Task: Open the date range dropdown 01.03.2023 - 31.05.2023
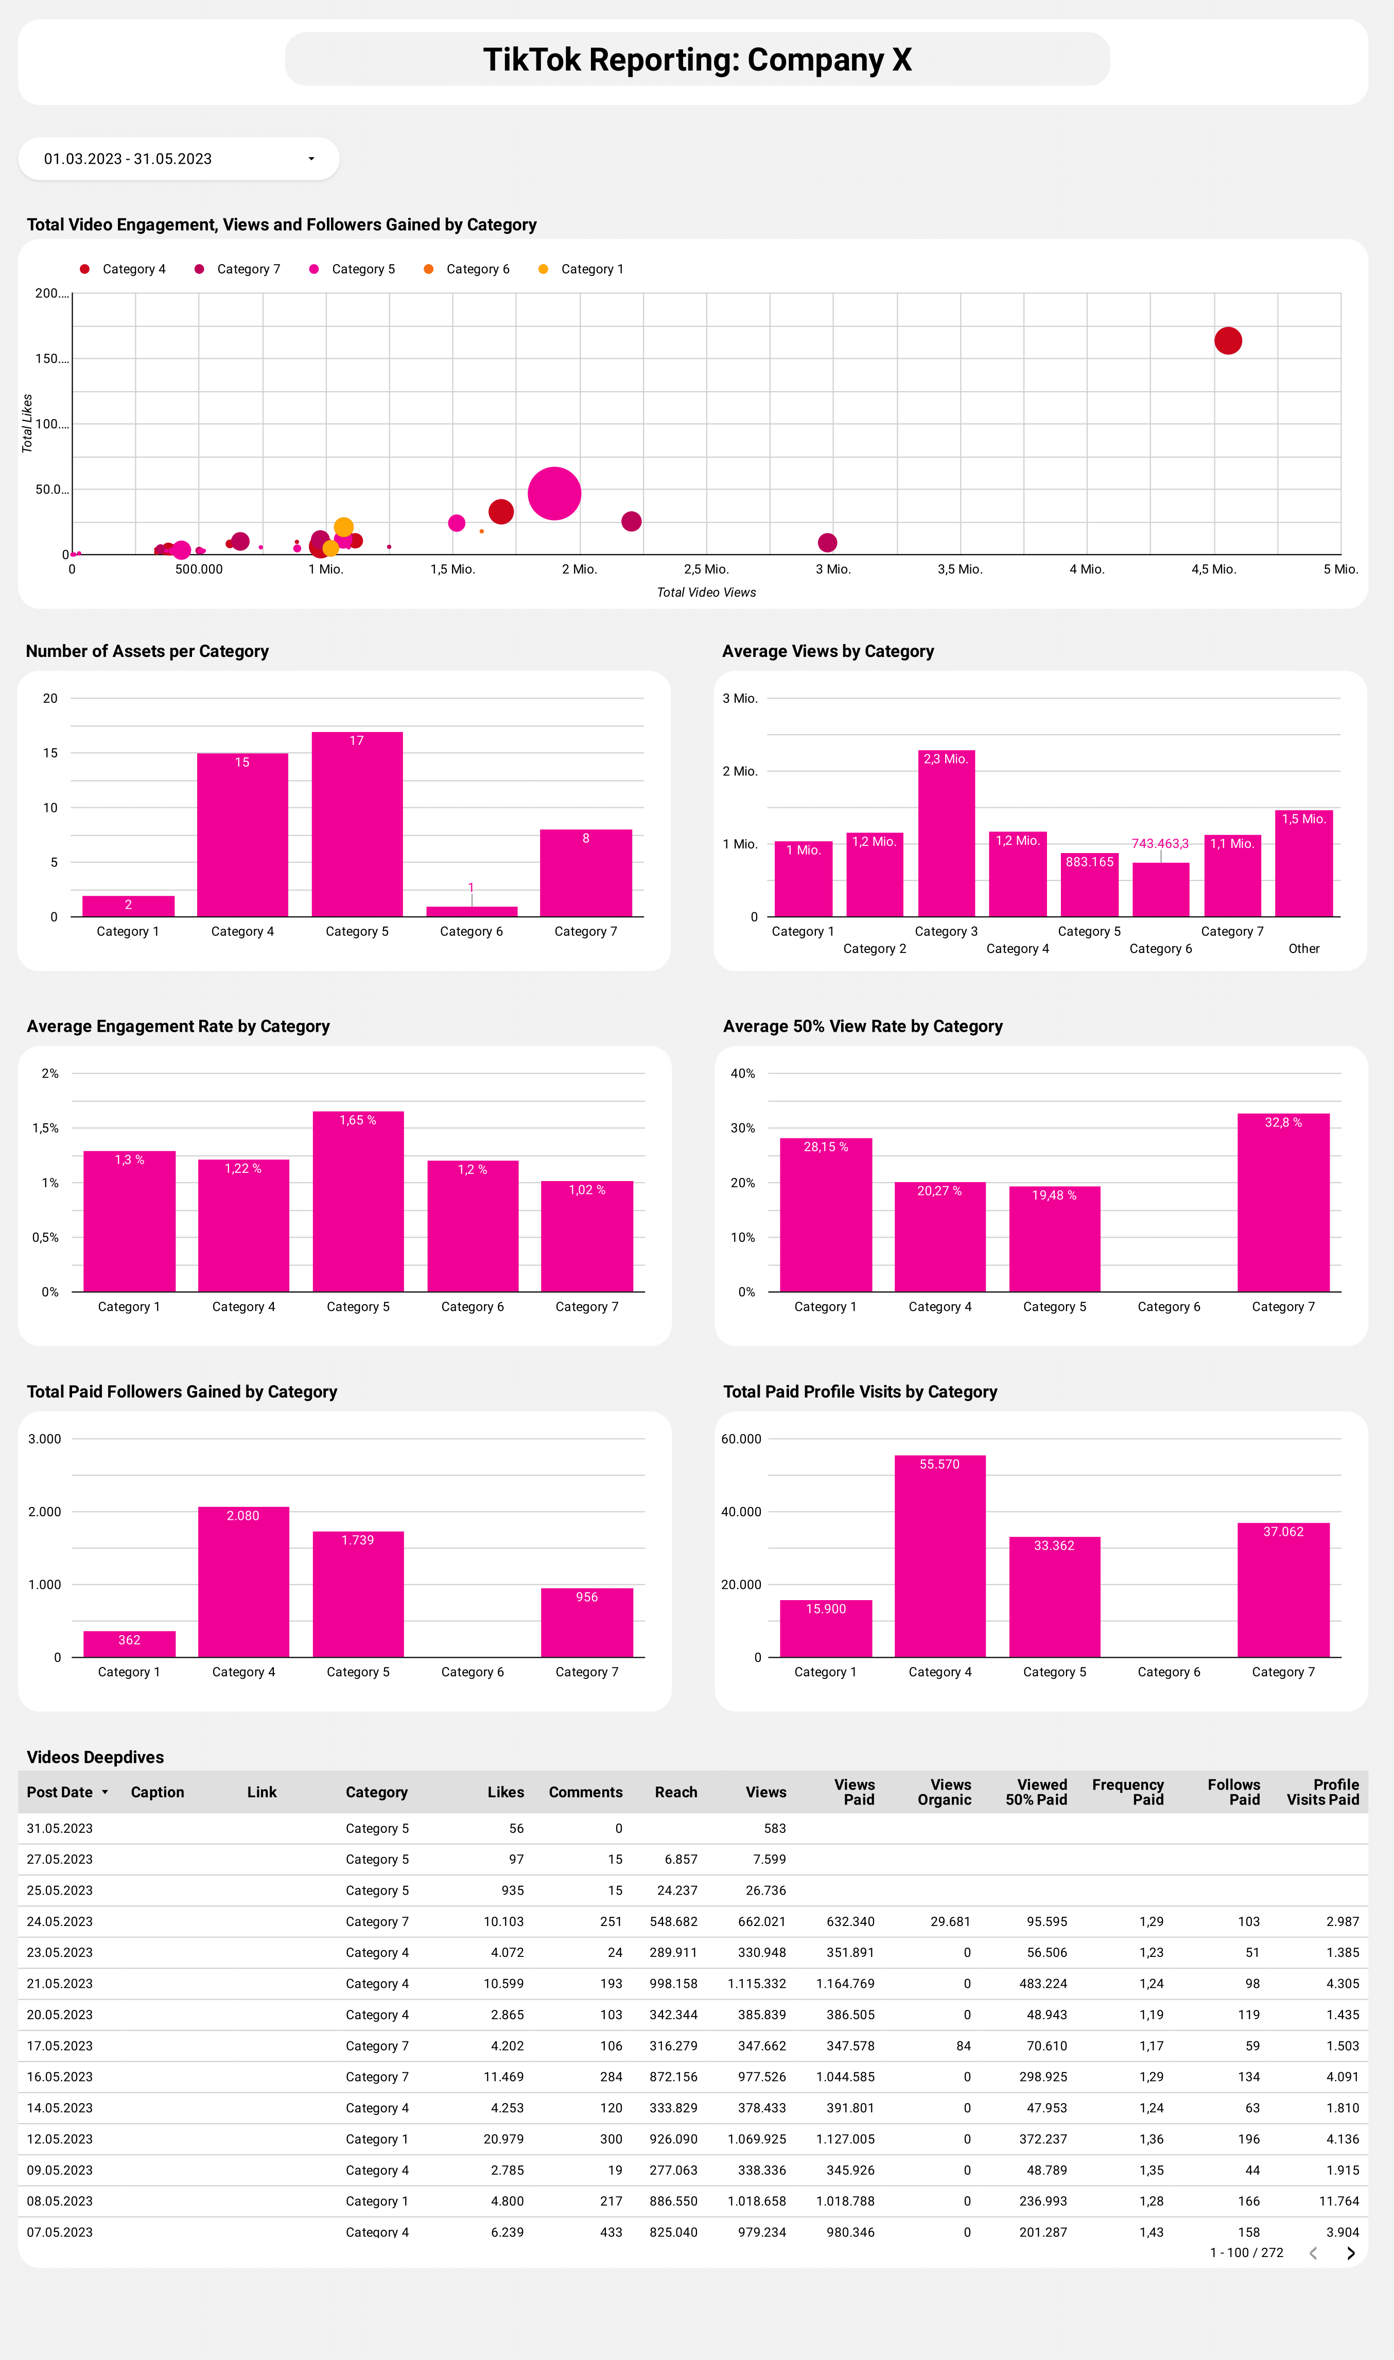tap(179, 159)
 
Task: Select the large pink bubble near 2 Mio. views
tap(554, 493)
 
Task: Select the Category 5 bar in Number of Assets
tap(357, 824)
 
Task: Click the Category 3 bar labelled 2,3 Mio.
tap(946, 834)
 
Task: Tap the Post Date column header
tap(60, 1793)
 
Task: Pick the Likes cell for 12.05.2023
tap(503, 2139)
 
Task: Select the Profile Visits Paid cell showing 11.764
tap(1338, 2201)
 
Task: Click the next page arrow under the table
tap(1350, 2253)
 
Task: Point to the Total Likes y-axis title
tap(27, 424)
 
